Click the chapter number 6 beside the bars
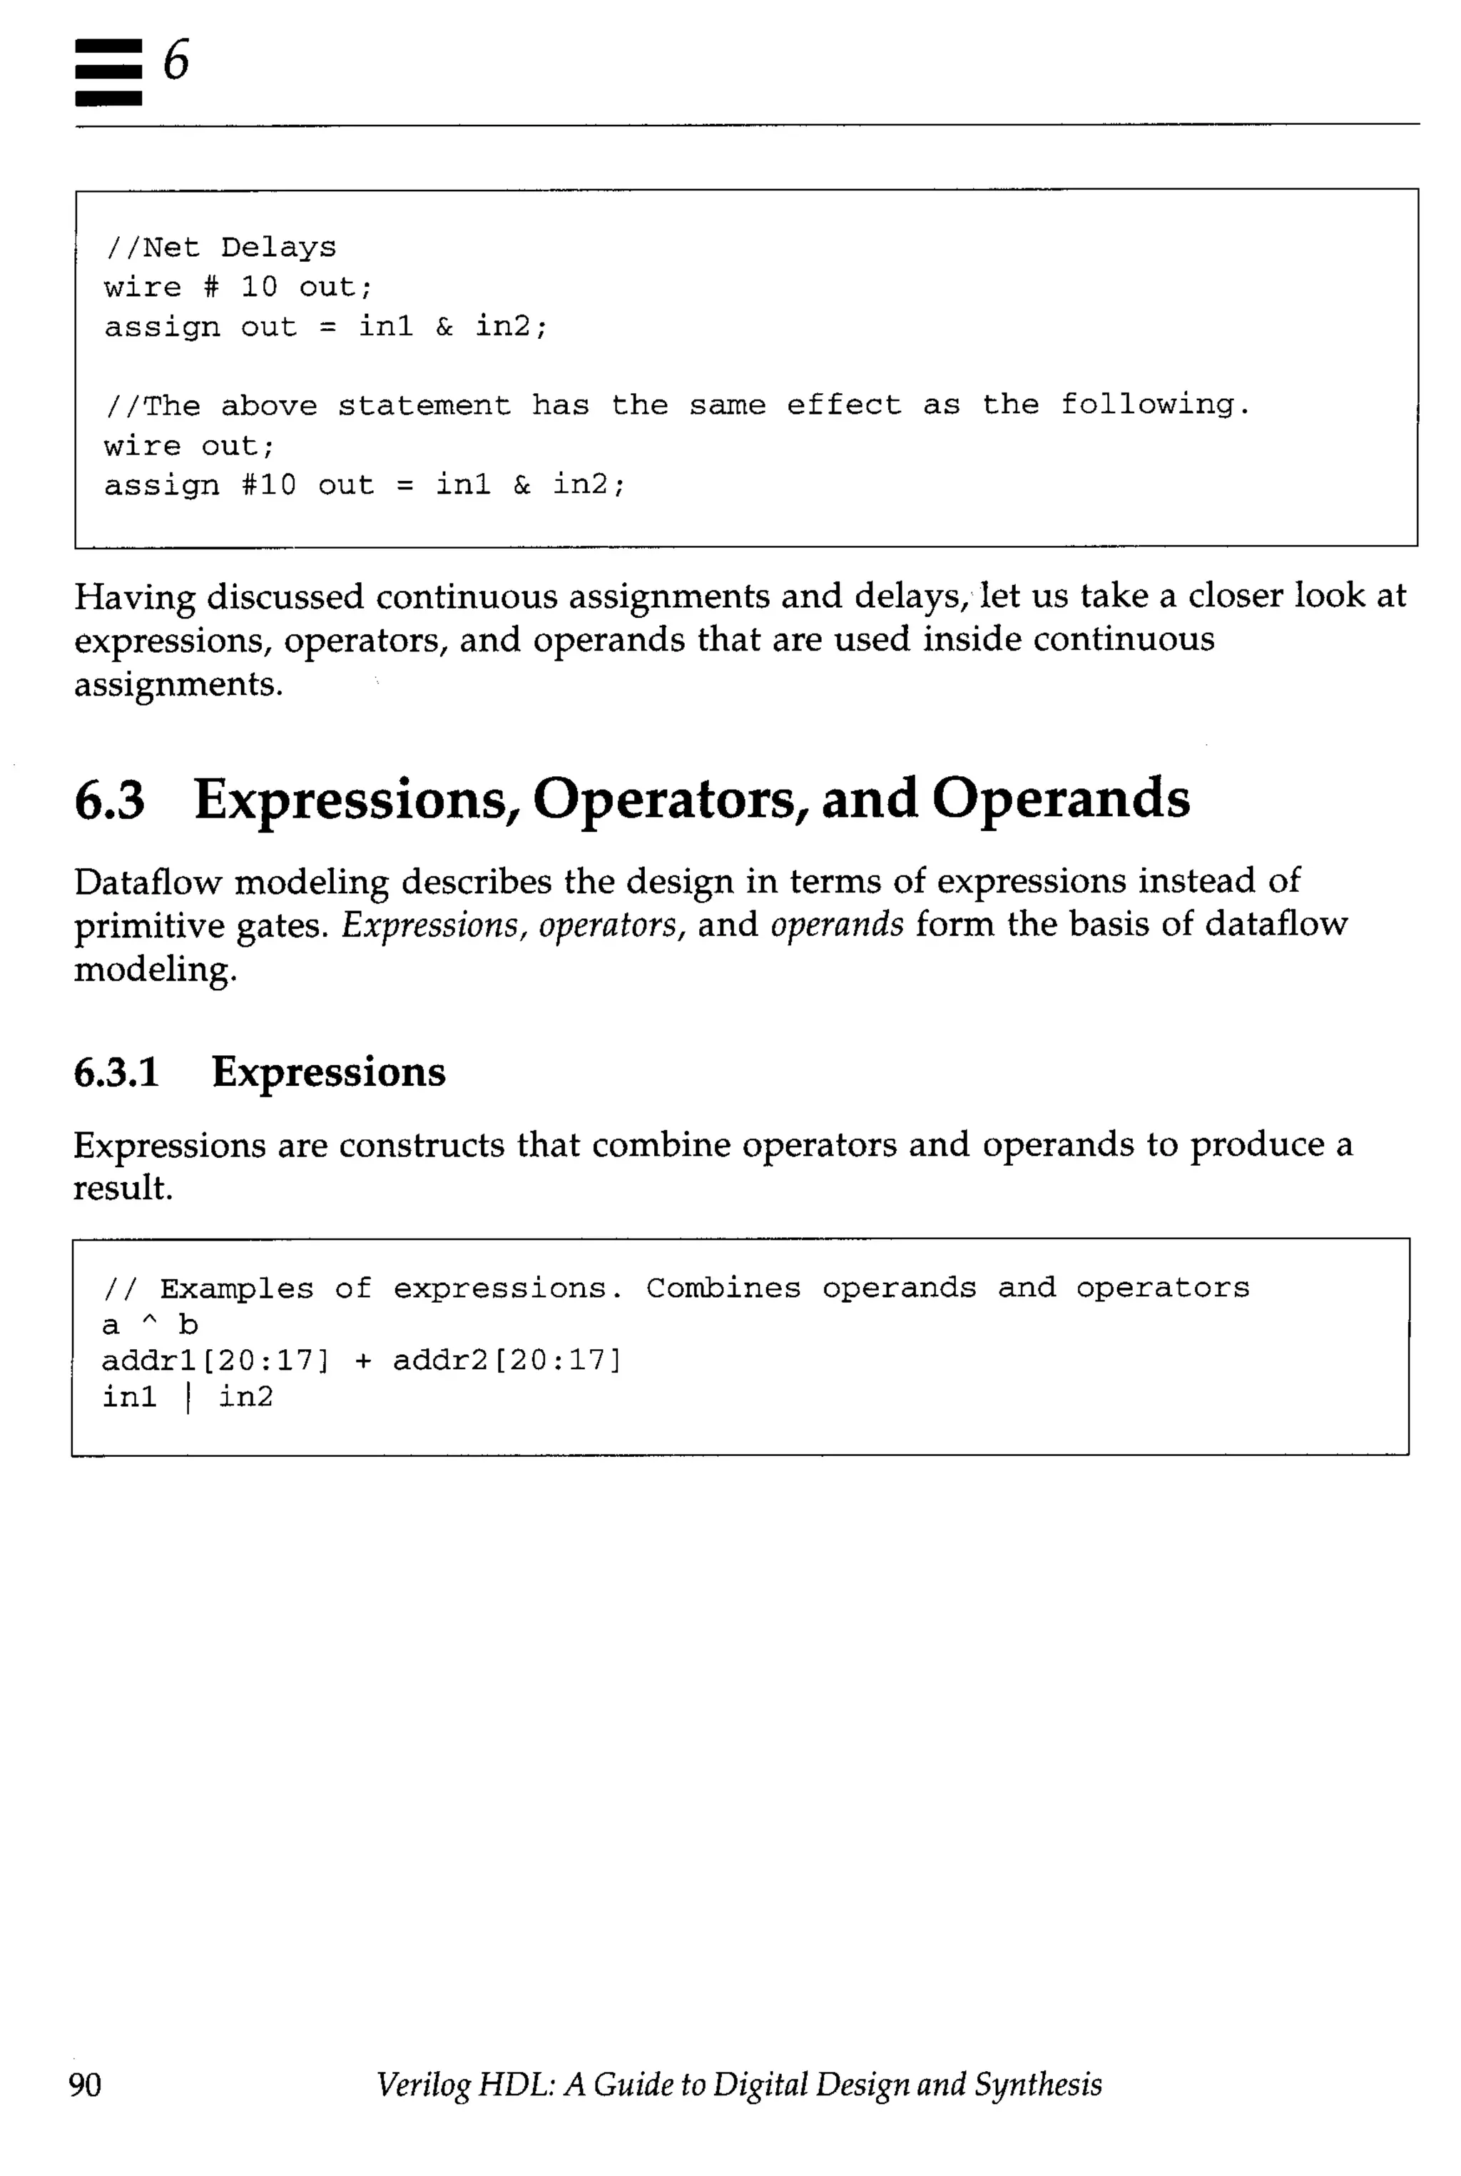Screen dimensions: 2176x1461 click(176, 61)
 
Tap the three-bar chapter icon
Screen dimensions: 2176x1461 click(108, 72)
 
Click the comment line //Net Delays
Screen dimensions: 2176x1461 click(220, 248)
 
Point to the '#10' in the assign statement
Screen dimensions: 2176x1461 click(268, 484)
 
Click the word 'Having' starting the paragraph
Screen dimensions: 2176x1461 click(134, 596)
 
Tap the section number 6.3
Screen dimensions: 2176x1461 click(110, 800)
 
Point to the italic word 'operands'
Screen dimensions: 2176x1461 click(836, 925)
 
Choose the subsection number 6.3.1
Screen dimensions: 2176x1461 click(116, 1072)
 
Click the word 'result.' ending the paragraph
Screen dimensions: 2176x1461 click(123, 1188)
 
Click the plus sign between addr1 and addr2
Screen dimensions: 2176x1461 click(362, 1361)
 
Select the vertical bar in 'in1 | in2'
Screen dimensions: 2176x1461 click(188, 1397)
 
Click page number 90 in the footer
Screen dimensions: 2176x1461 click(86, 2084)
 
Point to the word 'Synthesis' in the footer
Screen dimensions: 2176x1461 click(1038, 2084)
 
